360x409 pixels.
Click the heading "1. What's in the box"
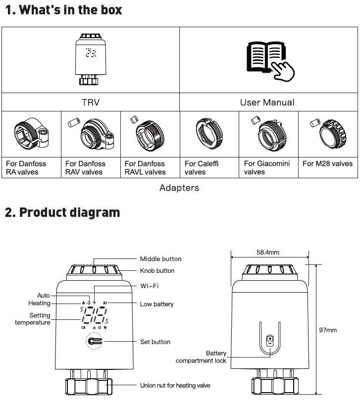pos(63,10)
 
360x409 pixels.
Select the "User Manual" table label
pos(267,102)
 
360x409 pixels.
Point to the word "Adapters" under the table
pos(179,188)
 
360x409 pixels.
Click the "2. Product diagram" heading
pos(62,213)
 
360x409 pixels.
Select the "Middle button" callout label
pos(160,259)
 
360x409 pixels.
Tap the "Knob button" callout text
pos(157,271)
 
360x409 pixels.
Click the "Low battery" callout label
pos(157,304)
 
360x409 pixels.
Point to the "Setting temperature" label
pos(33,319)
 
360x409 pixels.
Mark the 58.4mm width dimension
pos(268,252)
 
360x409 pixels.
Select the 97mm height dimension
pos(328,330)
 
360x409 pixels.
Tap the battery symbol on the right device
pos(270,341)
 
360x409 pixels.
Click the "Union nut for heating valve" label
pos(175,385)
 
